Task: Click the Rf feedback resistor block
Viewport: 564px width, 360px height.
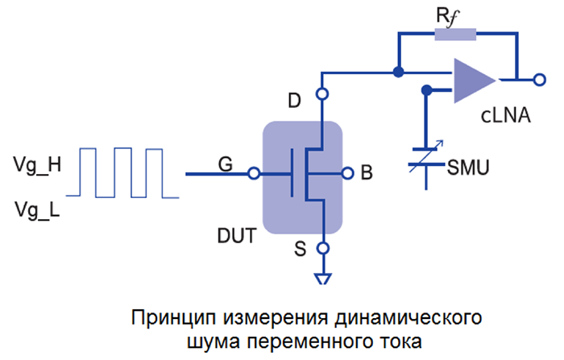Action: coord(455,35)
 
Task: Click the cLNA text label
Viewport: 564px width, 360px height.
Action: coord(505,117)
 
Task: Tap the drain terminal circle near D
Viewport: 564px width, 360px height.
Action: coord(322,94)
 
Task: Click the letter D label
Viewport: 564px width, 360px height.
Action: coord(296,101)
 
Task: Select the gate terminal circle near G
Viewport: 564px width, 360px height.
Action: coord(253,173)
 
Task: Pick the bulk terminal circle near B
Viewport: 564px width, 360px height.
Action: coord(347,172)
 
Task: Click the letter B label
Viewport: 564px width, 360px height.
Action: coord(367,172)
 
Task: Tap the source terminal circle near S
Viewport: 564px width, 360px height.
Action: coord(322,248)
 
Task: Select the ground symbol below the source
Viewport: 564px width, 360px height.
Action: coord(322,279)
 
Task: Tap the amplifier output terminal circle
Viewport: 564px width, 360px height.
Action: coord(538,79)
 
